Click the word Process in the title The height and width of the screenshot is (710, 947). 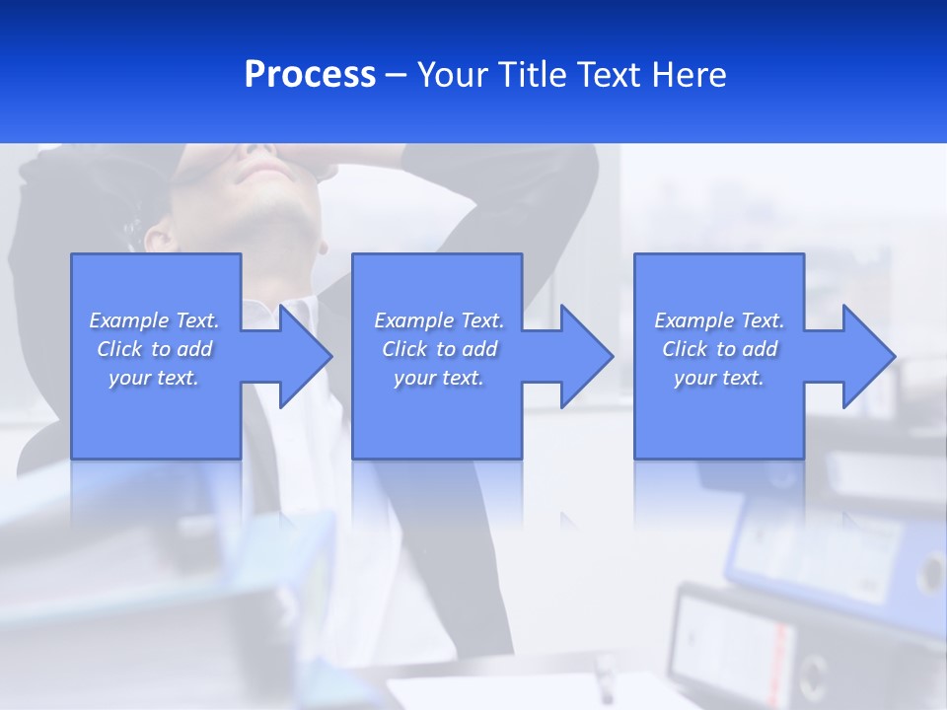pyautogui.click(x=310, y=75)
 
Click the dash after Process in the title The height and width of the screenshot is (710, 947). pyautogui.click(x=396, y=76)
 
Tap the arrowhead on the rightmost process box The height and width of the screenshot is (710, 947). pyautogui.click(x=867, y=356)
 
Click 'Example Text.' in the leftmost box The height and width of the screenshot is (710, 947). pyautogui.click(x=154, y=320)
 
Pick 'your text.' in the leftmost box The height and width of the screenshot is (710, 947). pyautogui.click(x=154, y=378)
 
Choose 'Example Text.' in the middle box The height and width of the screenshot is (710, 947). pyautogui.click(x=439, y=320)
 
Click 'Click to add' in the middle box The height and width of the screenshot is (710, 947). pyautogui.click(x=439, y=349)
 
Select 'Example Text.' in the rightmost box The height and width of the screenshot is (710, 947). pyautogui.click(x=719, y=320)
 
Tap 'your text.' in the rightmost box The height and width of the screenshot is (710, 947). pyautogui.click(x=719, y=378)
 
